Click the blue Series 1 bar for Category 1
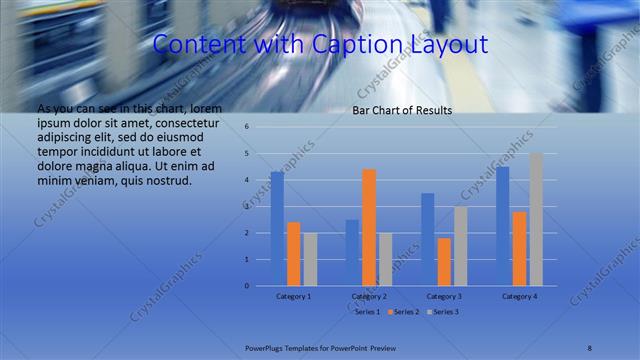277,229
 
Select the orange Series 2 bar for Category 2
368,227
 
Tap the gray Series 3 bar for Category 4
536,219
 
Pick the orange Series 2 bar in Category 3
444,262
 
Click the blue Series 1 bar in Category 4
503,226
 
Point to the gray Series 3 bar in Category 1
310,259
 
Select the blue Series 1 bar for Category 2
352,252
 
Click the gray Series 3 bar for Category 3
460,246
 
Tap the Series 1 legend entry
366,312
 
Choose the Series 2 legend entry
404,312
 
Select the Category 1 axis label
293,296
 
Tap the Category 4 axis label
519,296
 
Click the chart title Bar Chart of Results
402,111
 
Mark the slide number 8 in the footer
589,347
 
